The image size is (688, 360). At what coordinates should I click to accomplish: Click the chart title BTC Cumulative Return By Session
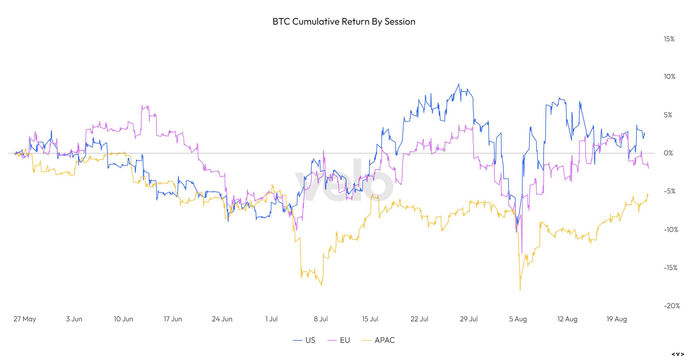(344, 22)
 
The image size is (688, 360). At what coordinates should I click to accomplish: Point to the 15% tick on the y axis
(669, 39)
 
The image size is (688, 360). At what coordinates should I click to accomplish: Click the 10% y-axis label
(669, 77)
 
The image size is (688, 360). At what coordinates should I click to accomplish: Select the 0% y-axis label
(668, 153)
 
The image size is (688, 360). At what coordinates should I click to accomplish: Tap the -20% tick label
(672, 306)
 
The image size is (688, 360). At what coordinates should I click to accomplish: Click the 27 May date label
(25, 319)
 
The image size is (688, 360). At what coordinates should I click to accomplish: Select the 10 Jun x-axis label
(123, 319)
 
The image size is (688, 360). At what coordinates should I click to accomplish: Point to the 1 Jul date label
(271, 319)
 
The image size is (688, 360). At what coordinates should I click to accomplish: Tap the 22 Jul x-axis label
(419, 319)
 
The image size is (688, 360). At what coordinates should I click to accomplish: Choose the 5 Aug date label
(518, 319)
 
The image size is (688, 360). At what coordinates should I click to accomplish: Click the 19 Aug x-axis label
(616, 319)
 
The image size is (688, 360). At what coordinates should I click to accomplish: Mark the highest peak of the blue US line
(459, 84)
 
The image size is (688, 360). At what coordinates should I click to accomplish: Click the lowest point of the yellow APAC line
(520, 290)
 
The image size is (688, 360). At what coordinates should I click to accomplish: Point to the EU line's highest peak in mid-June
(142, 106)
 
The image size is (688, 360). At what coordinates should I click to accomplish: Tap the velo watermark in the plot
(344, 181)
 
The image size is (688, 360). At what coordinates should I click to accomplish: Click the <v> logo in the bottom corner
(678, 354)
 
